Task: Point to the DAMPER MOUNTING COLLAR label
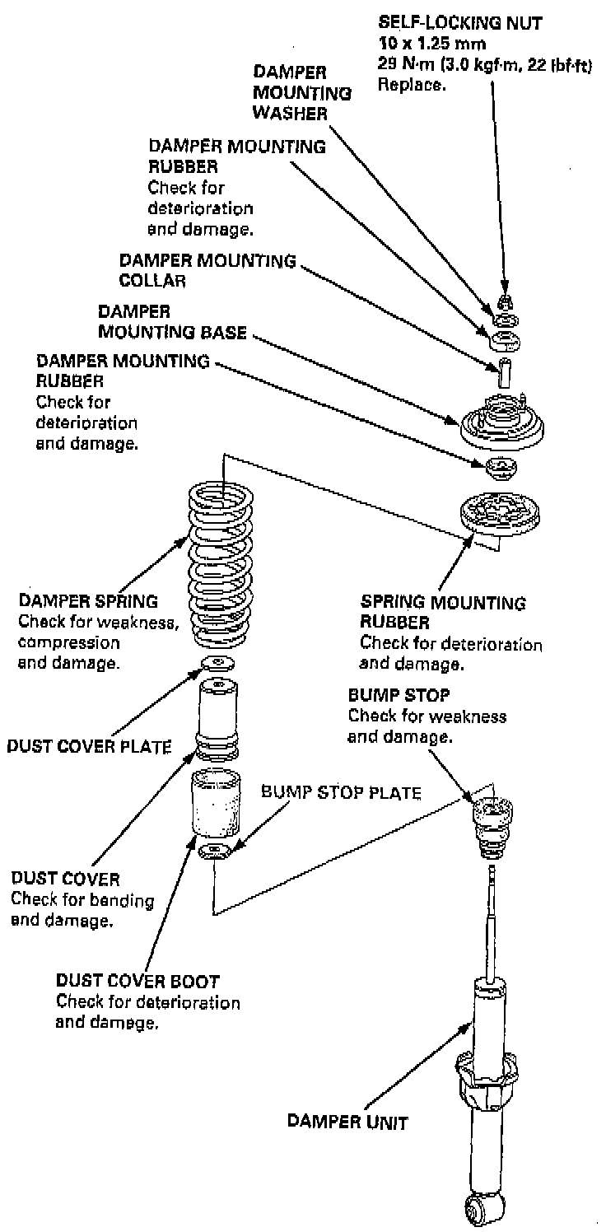point(207,269)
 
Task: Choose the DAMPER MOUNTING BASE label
point(172,322)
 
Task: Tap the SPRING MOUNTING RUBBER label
point(442,612)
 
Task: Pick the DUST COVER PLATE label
point(88,746)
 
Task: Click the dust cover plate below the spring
point(217,664)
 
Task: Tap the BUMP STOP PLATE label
point(341,793)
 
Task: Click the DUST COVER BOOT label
point(138,981)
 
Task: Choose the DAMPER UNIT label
point(347,1121)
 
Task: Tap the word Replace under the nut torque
point(411,84)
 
